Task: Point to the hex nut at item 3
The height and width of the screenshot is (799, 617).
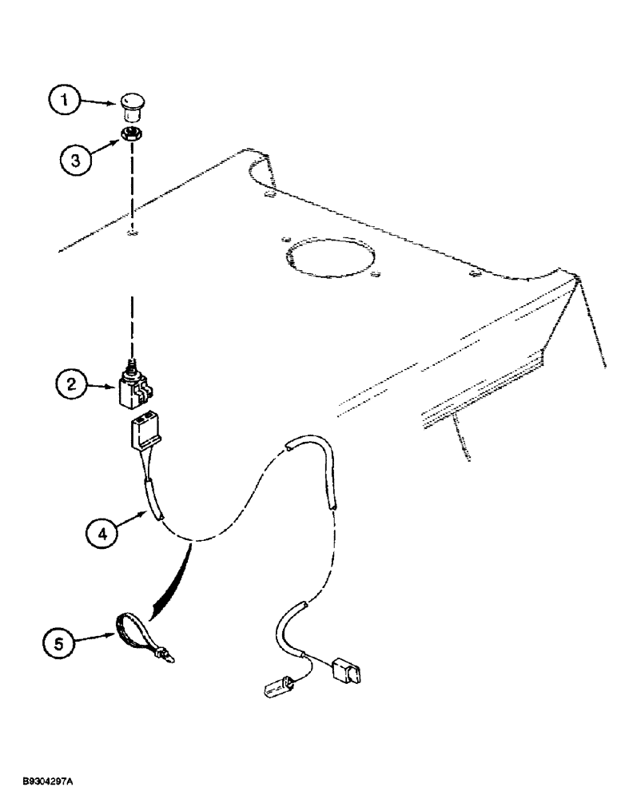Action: [x=131, y=134]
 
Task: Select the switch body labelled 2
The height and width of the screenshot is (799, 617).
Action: [x=134, y=389]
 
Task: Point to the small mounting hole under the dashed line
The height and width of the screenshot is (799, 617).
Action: [x=133, y=234]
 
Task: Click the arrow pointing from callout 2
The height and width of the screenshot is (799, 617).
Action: [x=103, y=386]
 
